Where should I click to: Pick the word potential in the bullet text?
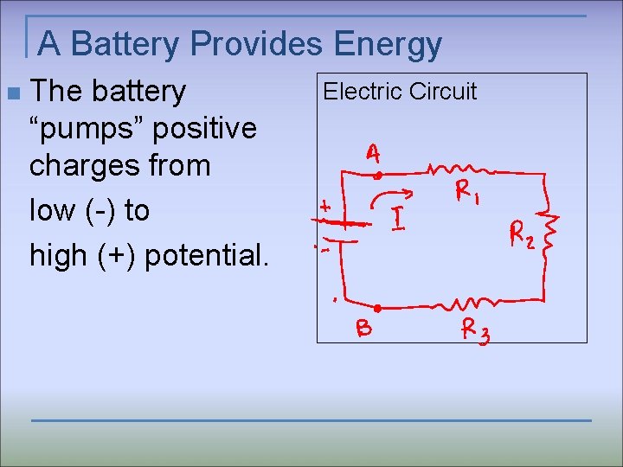coord(205,255)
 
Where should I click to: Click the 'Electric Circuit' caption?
coord(400,92)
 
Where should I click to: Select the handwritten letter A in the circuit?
coord(372,154)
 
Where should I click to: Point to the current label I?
coord(398,220)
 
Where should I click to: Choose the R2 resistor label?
coord(522,233)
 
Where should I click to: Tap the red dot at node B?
coord(378,307)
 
